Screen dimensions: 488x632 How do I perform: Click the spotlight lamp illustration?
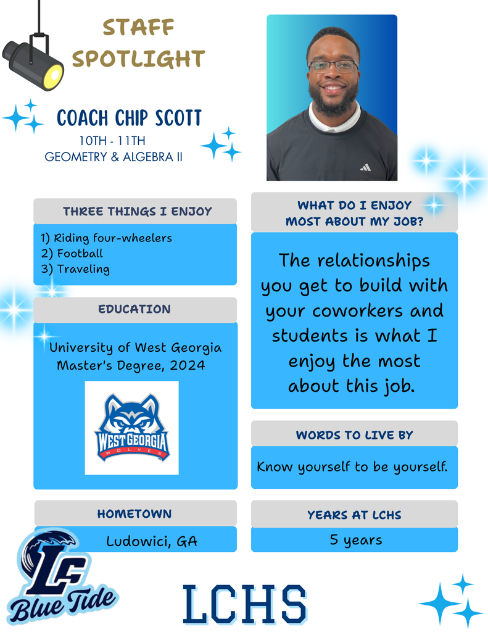click(x=35, y=60)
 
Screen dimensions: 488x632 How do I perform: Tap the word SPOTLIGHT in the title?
click(x=139, y=59)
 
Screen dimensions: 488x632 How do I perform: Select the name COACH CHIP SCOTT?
click(x=129, y=118)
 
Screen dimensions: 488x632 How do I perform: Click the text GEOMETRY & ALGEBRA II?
click(x=114, y=157)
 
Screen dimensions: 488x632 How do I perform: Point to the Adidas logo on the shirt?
click(x=366, y=167)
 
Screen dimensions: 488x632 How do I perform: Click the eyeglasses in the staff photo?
click(x=333, y=65)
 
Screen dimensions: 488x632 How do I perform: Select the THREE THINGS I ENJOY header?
click(x=138, y=212)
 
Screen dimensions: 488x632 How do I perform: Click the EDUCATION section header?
click(x=134, y=309)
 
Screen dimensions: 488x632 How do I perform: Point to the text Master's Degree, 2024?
click(x=131, y=365)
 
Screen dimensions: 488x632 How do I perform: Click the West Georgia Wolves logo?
click(x=132, y=428)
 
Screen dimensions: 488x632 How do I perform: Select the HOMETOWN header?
click(x=134, y=514)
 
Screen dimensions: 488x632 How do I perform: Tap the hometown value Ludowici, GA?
click(x=152, y=541)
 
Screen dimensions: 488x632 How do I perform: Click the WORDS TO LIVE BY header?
click(x=355, y=435)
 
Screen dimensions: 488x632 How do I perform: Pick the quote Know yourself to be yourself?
click(x=352, y=467)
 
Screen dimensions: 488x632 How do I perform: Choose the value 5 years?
click(x=356, y=539)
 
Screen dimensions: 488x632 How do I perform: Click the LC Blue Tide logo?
click(x=60, y=576)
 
